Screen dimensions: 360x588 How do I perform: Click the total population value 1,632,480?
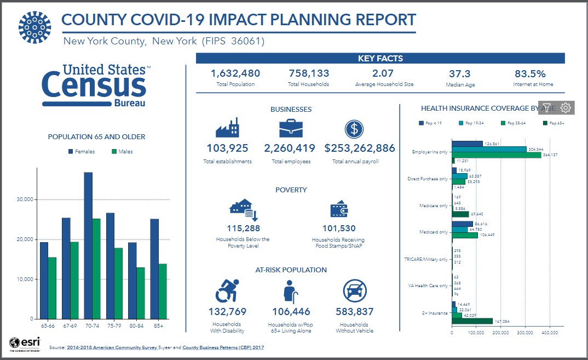235,73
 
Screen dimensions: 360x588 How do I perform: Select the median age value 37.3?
459,73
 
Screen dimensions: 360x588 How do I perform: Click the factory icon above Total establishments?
227,128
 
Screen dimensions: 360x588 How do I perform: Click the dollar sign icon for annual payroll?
354,129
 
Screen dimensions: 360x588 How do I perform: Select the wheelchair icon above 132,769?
227,291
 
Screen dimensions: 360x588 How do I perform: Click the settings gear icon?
566,107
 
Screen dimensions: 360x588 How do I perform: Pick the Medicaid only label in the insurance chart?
434,232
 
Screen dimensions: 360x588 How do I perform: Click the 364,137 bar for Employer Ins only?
497,155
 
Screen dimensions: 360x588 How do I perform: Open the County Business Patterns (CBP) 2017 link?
223,347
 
